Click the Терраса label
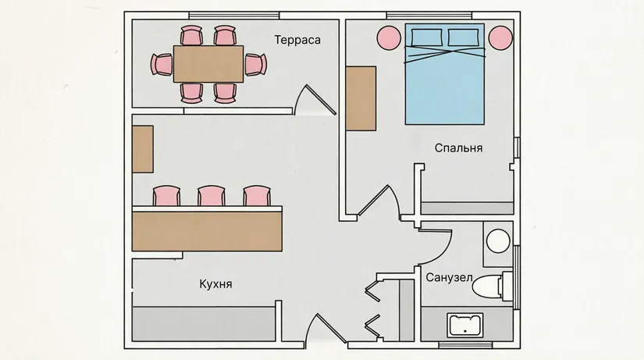297,40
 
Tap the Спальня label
458,148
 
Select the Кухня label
215,284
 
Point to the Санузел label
449,277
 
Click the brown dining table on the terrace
208,64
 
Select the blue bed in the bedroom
445,74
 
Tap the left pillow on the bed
427,37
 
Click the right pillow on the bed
463,37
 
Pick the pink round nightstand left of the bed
389,37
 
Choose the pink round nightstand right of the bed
500,37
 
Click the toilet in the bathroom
492,286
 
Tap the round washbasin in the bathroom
498,241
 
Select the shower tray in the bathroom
465,325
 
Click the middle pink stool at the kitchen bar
211,196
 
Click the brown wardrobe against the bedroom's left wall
361,98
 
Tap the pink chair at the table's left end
162,65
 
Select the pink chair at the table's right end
255,65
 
